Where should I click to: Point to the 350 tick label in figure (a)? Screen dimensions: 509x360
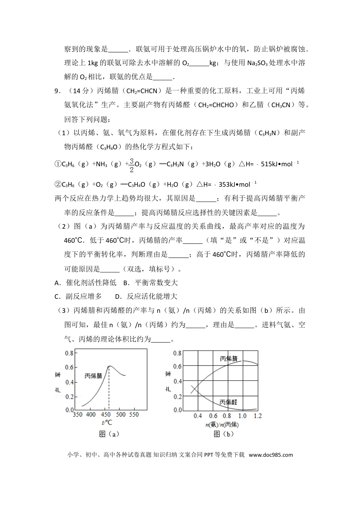click(78, 414)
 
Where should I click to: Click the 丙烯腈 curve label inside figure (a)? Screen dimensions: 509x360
click(93, 376)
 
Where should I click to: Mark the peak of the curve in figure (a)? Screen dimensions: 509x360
click(109, 366)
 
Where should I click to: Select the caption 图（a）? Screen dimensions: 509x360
click(109, 434)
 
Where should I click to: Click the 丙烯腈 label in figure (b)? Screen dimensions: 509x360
click(229, 358)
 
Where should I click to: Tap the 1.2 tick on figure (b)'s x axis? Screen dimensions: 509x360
click(258, 416)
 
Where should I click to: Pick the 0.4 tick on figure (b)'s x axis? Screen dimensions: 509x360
click(197, 416)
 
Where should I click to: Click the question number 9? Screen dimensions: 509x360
click(57, 91)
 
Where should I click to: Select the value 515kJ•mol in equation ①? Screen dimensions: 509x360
click(280, 164)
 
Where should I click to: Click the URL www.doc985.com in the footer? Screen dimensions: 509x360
click(271, 455)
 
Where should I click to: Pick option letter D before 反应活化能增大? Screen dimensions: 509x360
click(117, 297)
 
